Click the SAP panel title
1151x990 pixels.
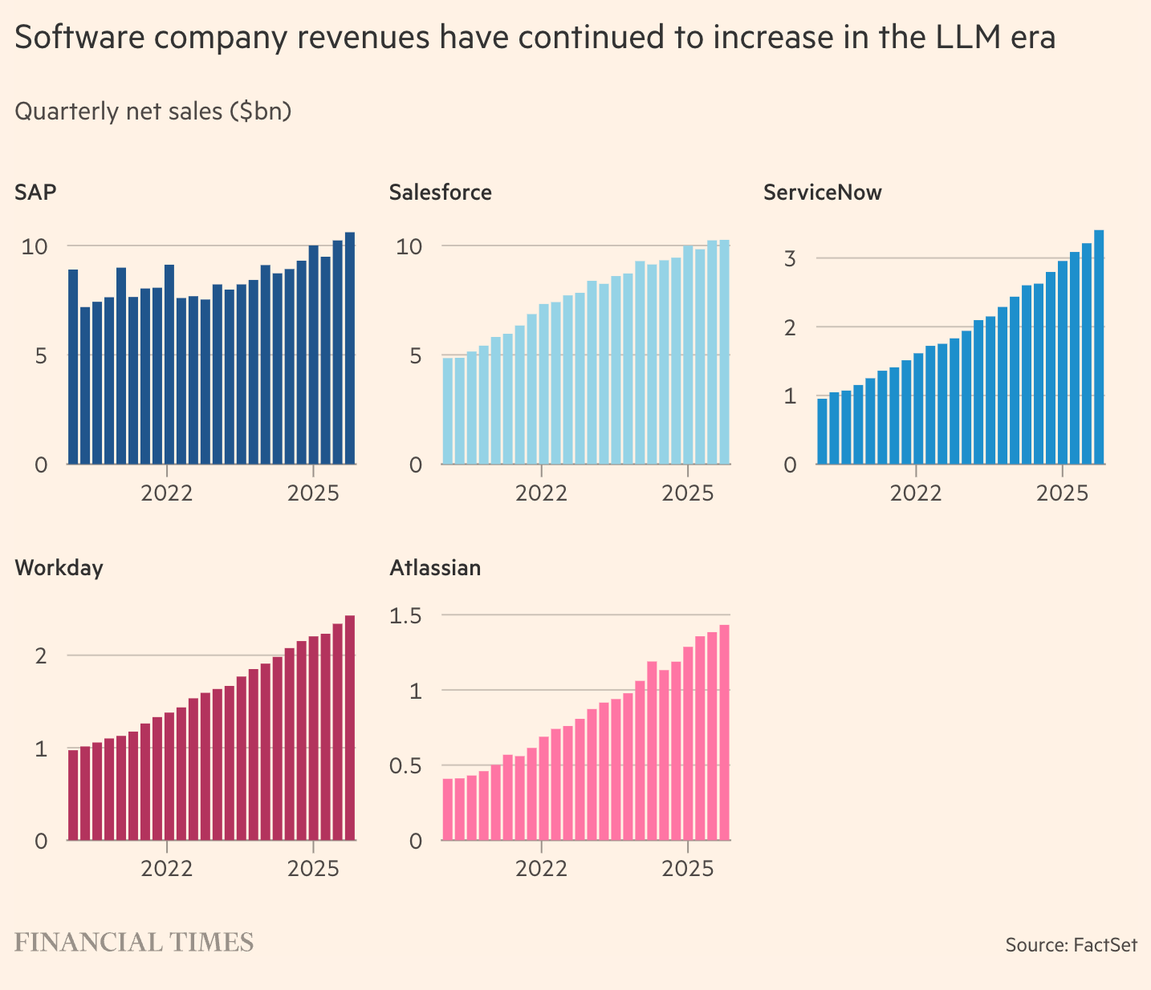(x=35, y=193)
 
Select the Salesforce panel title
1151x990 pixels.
(x=440, y=193)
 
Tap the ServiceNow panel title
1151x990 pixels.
(x=822, y=193)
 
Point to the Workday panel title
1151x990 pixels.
(x=59, y=568)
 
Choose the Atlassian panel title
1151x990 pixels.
(x=435, y=568)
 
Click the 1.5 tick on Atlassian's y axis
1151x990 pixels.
(x=405, y=615)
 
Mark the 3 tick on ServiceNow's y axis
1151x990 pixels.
(x=790, y=258)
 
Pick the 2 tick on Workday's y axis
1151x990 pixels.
(x=41, y=655)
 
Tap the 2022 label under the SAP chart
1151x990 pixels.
(x=167, y=493)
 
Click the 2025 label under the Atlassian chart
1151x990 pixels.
(x=687, y=869)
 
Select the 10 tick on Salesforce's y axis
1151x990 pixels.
(x=409, y=245)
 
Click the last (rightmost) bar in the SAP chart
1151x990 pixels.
(x=350, y=348)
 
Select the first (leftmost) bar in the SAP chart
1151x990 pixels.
(x=73, y=367)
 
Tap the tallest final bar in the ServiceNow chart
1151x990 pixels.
(x=1099, y=347)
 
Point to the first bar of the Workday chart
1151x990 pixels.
(x=73, y=795)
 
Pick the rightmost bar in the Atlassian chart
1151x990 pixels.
(x=724, y=732)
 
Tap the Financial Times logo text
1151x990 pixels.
(x=134, y=943)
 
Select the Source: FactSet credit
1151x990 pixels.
(x=1071, y=945)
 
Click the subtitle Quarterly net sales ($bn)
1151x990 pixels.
(x=153, y=111)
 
